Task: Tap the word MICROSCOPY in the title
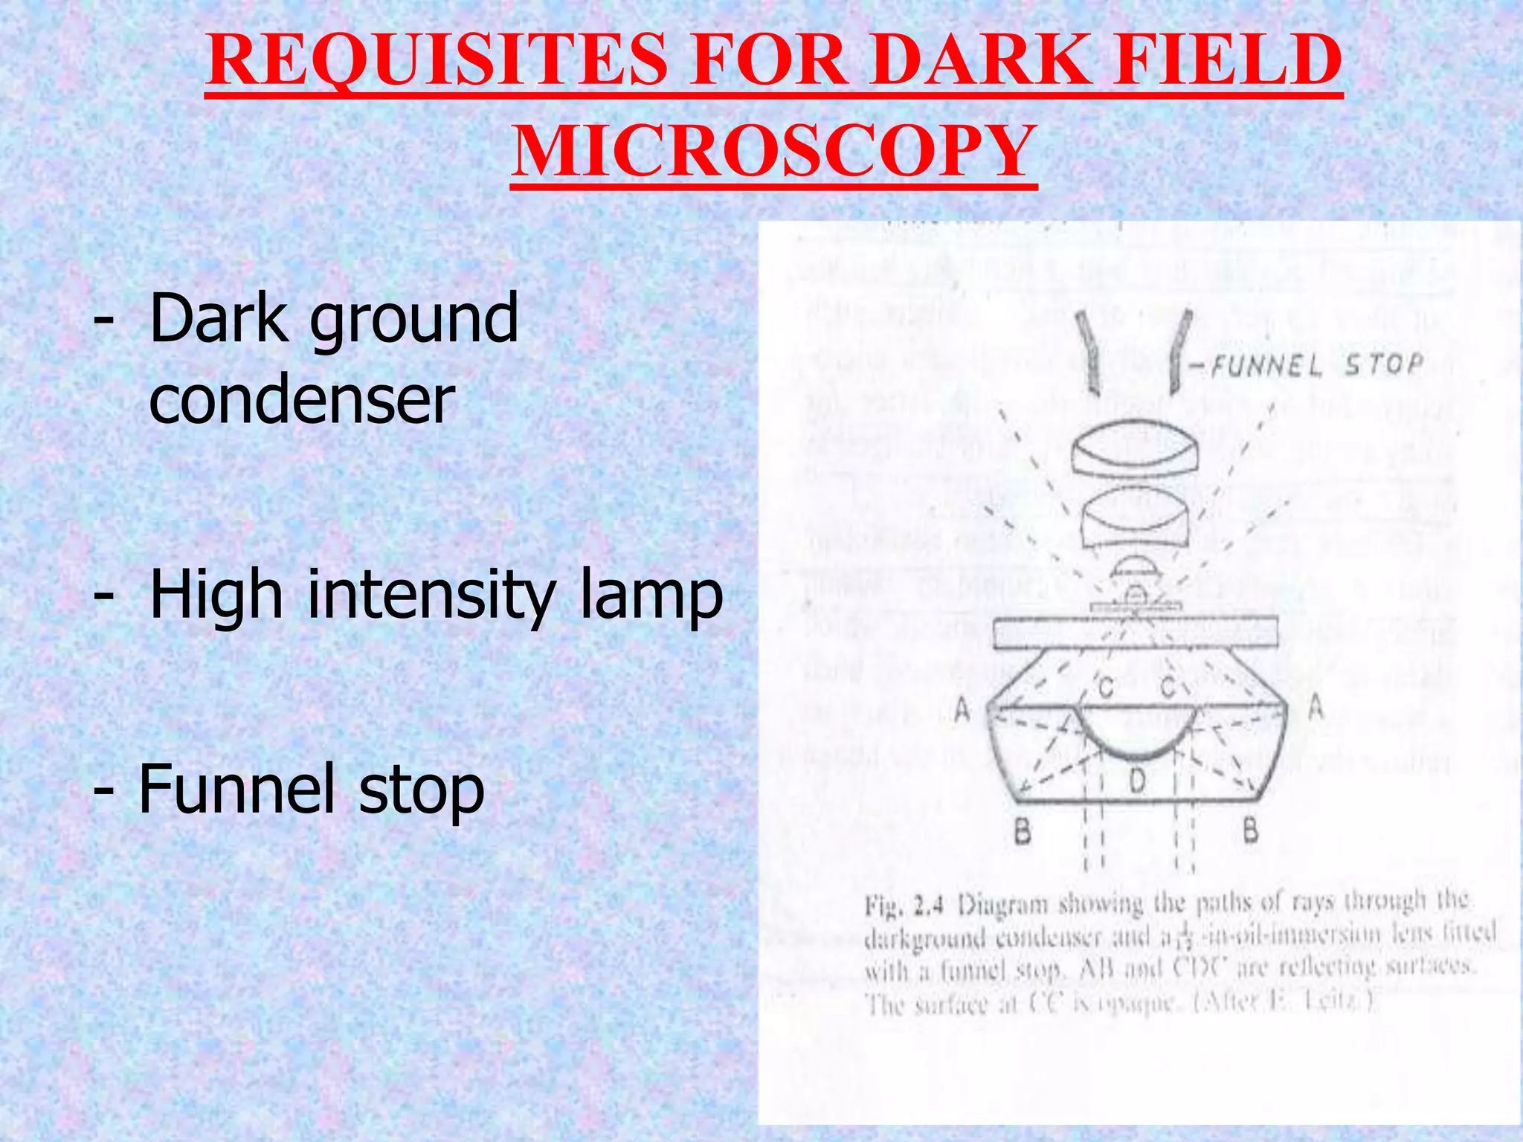pos(773,152)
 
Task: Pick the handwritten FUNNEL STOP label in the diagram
pos(1316,365)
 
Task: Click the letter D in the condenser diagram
pos(1137,781)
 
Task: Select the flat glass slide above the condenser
pos(1136,632)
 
